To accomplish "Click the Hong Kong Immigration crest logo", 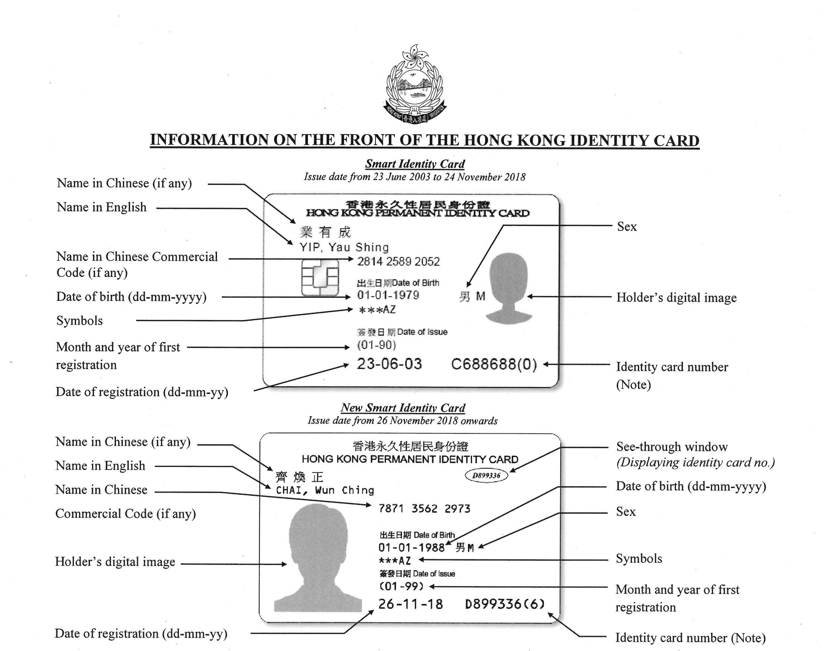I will coord(415,85).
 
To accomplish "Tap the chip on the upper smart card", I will coord(320,278).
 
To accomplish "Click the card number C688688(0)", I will coord(494,364).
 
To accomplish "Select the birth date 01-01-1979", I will coord(388,295).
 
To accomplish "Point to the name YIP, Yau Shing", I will coord(344,247).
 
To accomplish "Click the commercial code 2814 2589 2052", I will coord(398,262).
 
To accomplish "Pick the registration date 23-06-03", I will coord(389,364).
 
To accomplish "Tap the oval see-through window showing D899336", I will coord(486,475).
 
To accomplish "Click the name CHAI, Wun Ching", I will coord(325,490).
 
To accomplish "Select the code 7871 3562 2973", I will coord(424,508).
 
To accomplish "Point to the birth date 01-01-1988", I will coord(411,548).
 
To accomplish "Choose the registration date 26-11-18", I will coord(410,604).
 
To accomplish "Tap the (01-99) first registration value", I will coord(402,586).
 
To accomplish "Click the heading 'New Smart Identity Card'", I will coord(403,408).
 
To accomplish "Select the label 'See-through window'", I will coord(672,446).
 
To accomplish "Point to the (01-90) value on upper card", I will coord(376,345).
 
